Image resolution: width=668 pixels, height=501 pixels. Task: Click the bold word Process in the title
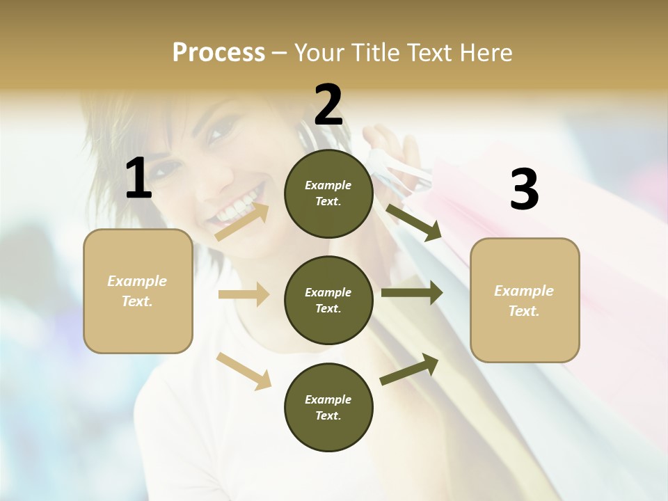218,52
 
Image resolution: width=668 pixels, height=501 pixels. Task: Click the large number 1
138,179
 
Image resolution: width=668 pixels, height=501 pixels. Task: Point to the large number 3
524,190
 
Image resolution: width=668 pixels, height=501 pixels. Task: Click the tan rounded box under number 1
138,291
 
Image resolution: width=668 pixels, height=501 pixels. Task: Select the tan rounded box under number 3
525,300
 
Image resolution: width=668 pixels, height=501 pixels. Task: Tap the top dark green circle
328,193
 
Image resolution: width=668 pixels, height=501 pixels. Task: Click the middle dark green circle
328,300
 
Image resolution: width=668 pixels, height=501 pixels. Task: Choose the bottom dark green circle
328,407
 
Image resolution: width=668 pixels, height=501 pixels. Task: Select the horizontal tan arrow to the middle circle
244,294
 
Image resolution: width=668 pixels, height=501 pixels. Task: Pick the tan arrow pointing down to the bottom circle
244,370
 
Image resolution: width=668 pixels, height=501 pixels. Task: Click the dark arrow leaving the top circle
414,223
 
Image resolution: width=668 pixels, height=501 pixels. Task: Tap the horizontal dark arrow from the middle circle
412,293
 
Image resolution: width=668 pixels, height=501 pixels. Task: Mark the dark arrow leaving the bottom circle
409,369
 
